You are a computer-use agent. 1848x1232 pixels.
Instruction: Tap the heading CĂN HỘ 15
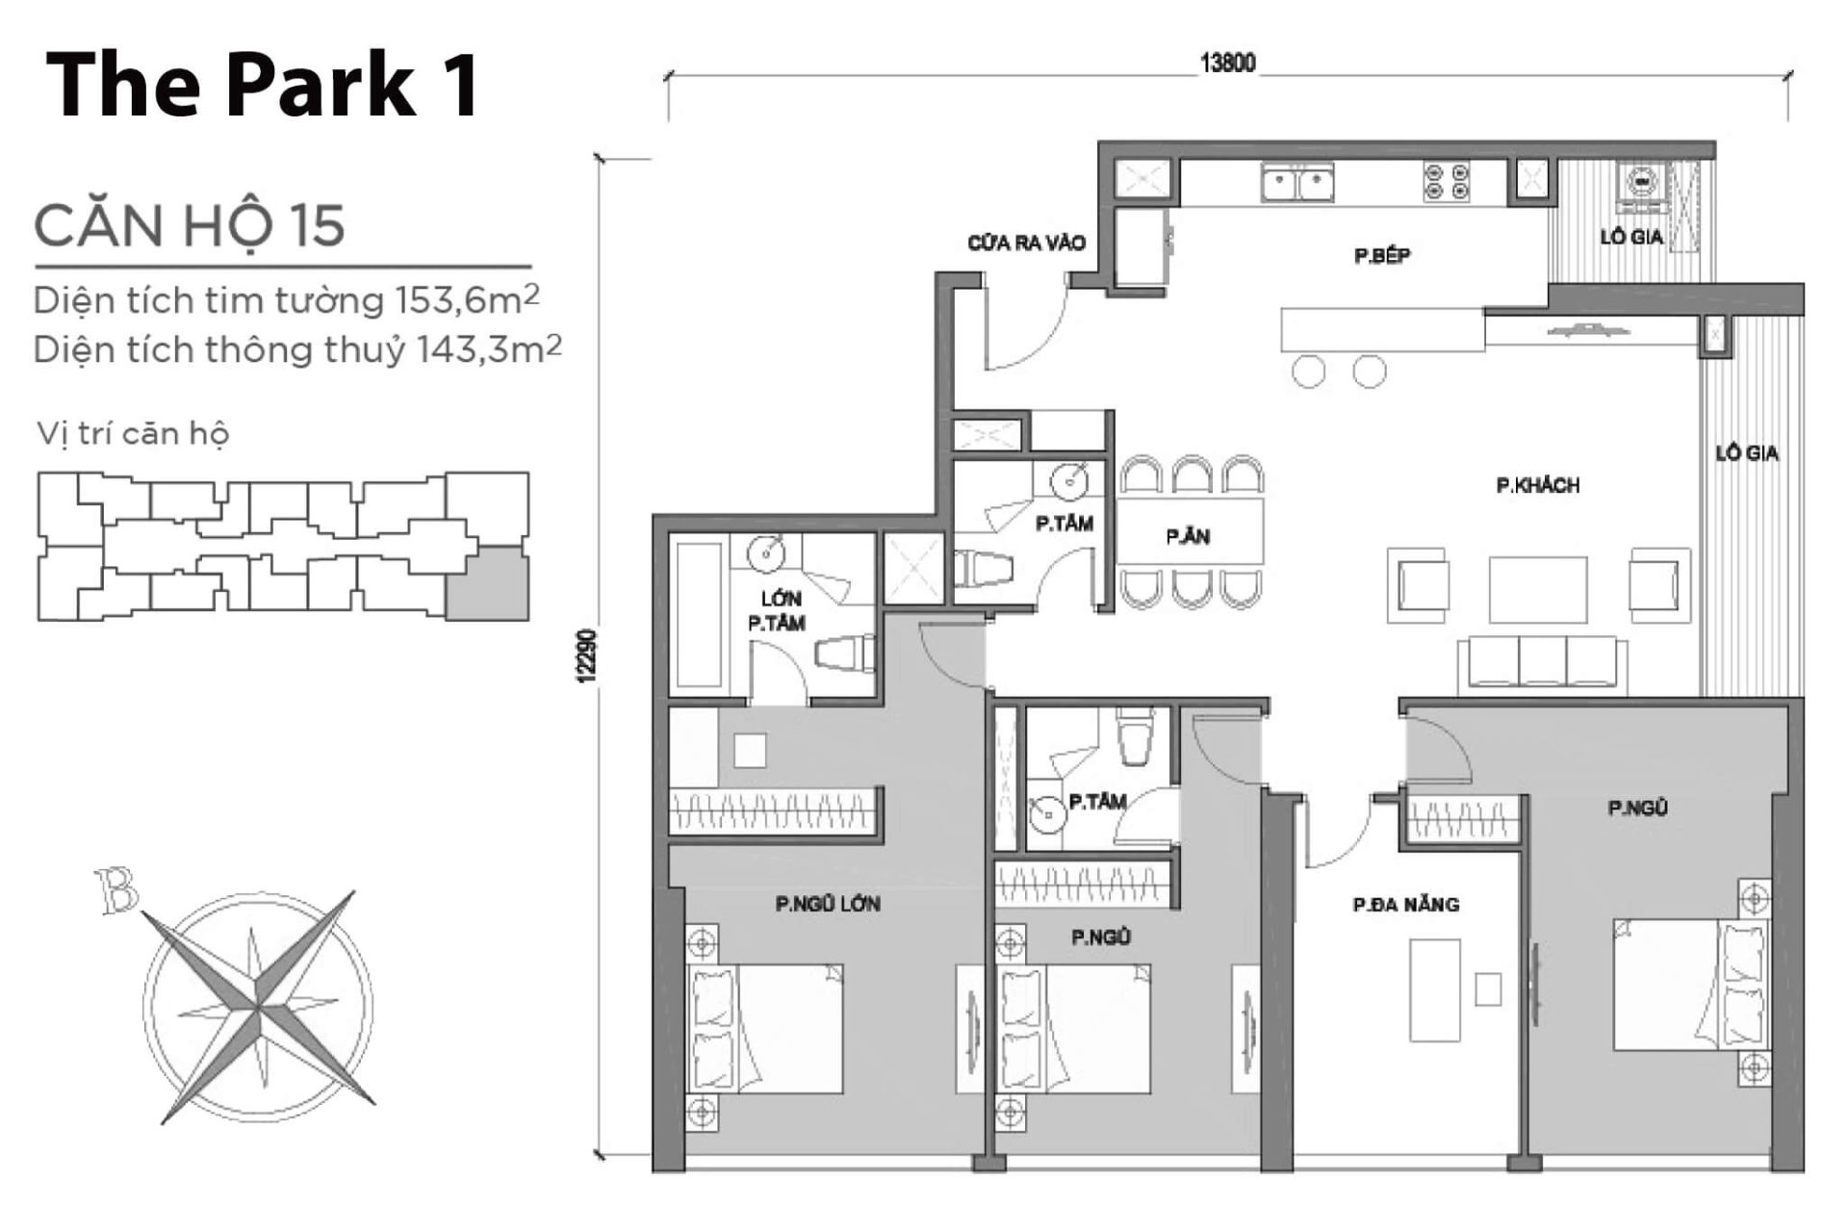pyautogui.click(x=189, y=225)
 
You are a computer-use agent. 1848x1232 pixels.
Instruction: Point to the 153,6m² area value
pyautogui.click(x=467, y=300)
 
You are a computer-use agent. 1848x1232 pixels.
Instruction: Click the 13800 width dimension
pyautogui.click(x=1227, y=64)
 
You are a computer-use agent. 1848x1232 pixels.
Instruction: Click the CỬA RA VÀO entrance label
pyautogui.click(x=1026, y=243)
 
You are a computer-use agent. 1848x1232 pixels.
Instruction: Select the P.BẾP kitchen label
pyautogui.click(x=1381, y=256)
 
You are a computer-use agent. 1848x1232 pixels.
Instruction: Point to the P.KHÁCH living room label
pyautogui.click(x=1537, y=486)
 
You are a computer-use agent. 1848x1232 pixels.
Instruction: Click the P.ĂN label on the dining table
pyautogui.click(x=1188, y=537)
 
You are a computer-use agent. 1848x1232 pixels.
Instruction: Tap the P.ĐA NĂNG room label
pyautogui.click(x=1405, y=905)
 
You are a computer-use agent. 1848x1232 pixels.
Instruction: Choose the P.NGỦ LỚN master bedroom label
pyautogui.click(x=828, y=904)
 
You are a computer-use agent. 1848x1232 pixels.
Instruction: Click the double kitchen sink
pyautogui.click(x=1297, y=183)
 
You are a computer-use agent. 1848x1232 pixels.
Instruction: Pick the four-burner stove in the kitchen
pyautogui.click(x=1447, y=182)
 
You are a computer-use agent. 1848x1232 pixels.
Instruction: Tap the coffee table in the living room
pyautogui.click(x=1537, y=589)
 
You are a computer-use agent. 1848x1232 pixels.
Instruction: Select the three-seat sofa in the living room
pyautogui.click(x=1542, y=663)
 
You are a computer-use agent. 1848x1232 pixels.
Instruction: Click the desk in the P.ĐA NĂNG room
pyautogui.click(x=1434, y=989)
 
